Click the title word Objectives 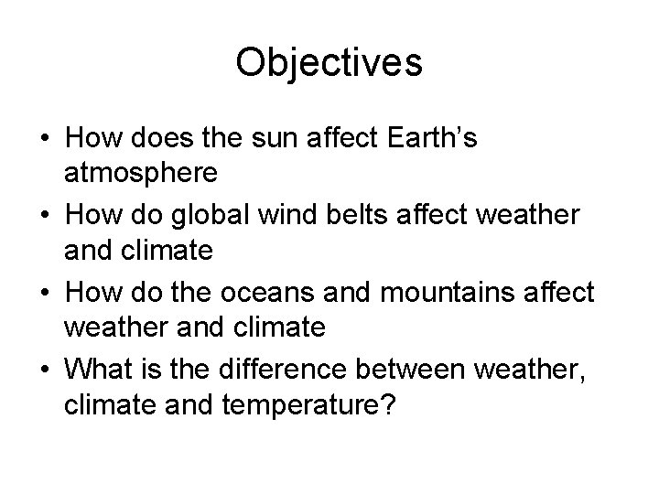329,63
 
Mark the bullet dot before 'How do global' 44,215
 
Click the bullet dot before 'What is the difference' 44,369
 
